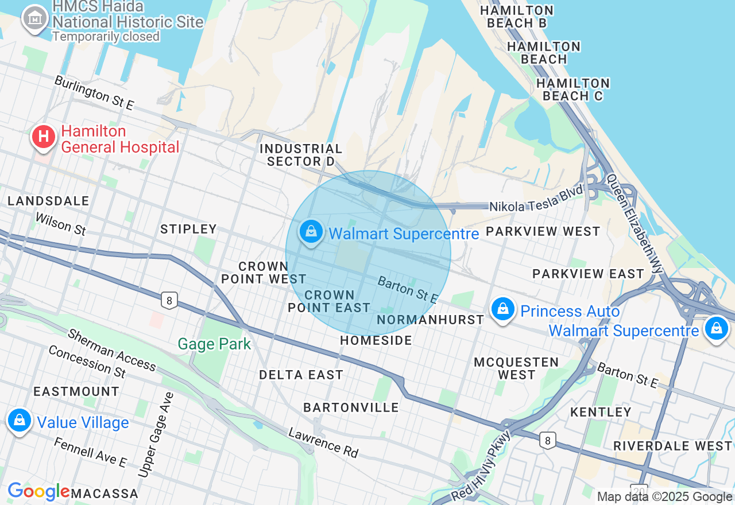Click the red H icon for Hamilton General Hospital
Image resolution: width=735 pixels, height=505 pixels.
pyautogui.click(x=44, y=137)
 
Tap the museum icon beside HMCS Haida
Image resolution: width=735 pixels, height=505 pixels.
pyautogui.click(x=35, y=18)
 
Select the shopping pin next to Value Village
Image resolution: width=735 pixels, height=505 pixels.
pyautogui.click(x=20, y=421)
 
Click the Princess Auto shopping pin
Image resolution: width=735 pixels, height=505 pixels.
pyautogui.click(x=503, y=309)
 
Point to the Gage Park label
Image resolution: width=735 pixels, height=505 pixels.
pyautogui.click(x=214, y=344)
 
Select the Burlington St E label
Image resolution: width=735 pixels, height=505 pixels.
pyautogui.click(x=94, y=92)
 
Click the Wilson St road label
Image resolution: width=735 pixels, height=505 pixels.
pyautogui.click(x=60, y=224)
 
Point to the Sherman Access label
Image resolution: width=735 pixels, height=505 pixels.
pyautogui.click(x=111, y=349)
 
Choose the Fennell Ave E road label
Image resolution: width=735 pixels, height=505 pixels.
pyautogui.click(x=90, y=452)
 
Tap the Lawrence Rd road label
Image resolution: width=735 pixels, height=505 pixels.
pyautogui.click(x=323, y=442)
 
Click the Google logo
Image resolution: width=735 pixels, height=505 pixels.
pyautogui.click(x=38, y=492)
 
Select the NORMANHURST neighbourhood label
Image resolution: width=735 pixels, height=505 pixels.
pyautogui.click(x=431, y=320)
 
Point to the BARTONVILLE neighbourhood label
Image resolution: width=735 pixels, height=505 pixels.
pyautogui.click(x=351, y=407)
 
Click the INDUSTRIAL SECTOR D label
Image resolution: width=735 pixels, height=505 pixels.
pyautogui.click(x=301, y=155)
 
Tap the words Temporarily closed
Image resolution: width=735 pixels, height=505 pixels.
pyautogui.click(x=106, y=36)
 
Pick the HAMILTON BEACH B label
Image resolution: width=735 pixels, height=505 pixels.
pyautogui.click(x=516, y=17)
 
